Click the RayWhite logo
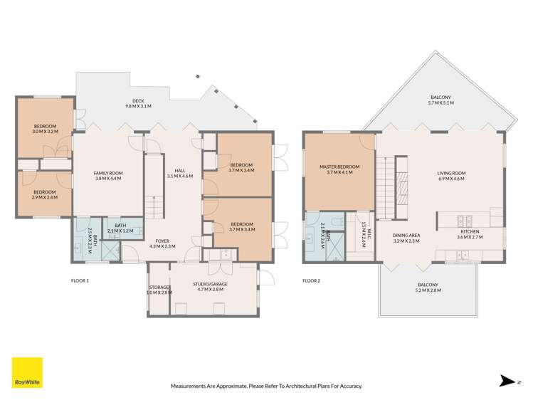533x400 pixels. tap(27, 373)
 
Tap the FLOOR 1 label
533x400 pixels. tap(80, 281)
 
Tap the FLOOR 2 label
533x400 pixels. tap(311, 281)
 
